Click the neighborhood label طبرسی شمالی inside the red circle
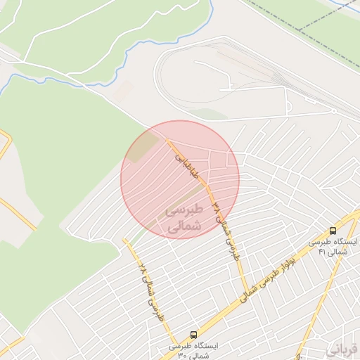coord(184,219)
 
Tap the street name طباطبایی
coord(187,166)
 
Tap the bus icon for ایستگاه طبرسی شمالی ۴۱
coord(333,231)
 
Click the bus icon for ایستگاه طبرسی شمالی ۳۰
coord(193,335)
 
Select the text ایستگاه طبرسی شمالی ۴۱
coord(333,246)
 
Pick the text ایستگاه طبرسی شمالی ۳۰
coord(194,351)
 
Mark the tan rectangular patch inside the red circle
coord(144,146)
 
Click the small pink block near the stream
coord(124,90)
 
